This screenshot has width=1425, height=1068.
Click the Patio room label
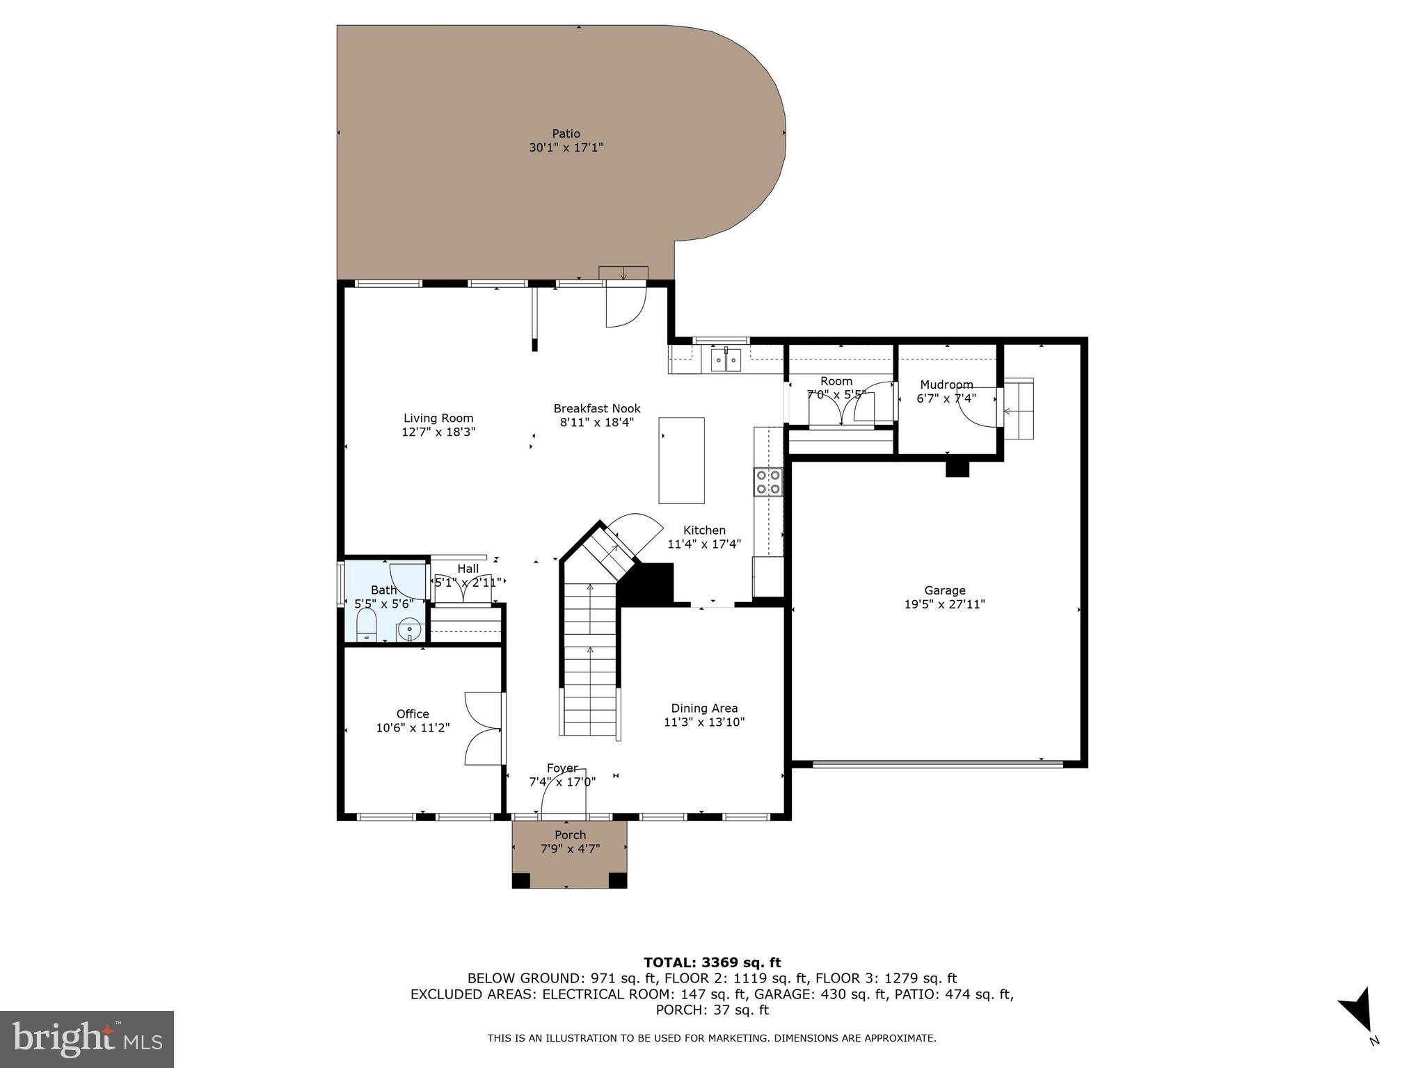point(566,133)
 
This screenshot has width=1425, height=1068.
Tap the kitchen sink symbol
point(726,361)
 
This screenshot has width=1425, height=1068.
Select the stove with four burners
point(768,482)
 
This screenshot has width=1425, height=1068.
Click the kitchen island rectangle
point(681,460)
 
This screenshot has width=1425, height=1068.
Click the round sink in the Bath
point(410,629)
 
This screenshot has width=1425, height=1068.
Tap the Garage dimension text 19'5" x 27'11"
point(944,604)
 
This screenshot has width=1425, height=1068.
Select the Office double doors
point(484,729)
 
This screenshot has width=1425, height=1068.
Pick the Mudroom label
point(946,385)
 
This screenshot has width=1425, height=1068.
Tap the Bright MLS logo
point(87,1039)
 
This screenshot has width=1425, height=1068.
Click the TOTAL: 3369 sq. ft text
point(712,962)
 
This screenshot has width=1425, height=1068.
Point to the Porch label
point(570,835)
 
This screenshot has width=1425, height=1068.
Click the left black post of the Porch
point(520,880)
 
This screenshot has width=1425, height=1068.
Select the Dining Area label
point(704,709)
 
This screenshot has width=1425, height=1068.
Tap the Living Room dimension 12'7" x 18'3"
point(438,432)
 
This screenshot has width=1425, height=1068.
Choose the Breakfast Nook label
point(597,409)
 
